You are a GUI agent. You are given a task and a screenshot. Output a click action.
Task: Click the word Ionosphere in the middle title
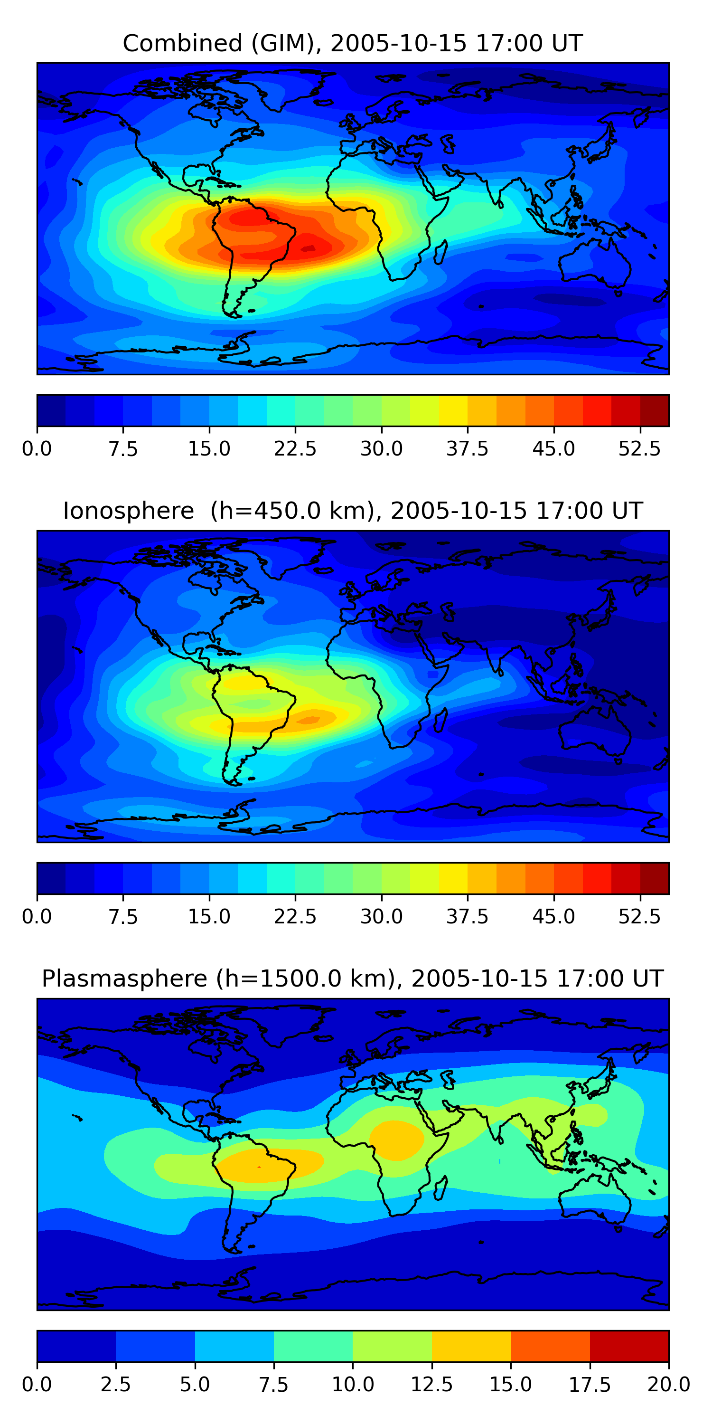128,511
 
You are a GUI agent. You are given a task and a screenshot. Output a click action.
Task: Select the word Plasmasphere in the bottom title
124,978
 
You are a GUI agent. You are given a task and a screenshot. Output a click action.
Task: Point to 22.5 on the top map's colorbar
295,448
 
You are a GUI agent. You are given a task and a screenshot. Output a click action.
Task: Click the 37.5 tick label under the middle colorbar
468,917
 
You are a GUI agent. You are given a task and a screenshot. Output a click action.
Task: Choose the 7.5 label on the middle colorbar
123,917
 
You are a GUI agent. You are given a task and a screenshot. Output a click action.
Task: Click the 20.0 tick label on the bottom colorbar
669,1385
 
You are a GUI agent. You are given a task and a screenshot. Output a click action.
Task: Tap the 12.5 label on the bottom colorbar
432,1385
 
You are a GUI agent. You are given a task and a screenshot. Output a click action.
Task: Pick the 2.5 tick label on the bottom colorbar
115,1385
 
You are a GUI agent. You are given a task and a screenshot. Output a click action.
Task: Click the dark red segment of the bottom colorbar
629,1346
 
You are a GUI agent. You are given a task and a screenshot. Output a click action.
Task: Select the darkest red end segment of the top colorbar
655,410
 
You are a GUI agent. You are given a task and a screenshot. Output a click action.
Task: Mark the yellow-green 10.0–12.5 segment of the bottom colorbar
393,1346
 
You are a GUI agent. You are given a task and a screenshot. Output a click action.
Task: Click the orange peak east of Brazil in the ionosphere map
309,720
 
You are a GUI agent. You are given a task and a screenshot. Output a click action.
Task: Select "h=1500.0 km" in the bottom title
305,978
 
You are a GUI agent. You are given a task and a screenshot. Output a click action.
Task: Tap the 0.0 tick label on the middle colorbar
37,917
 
